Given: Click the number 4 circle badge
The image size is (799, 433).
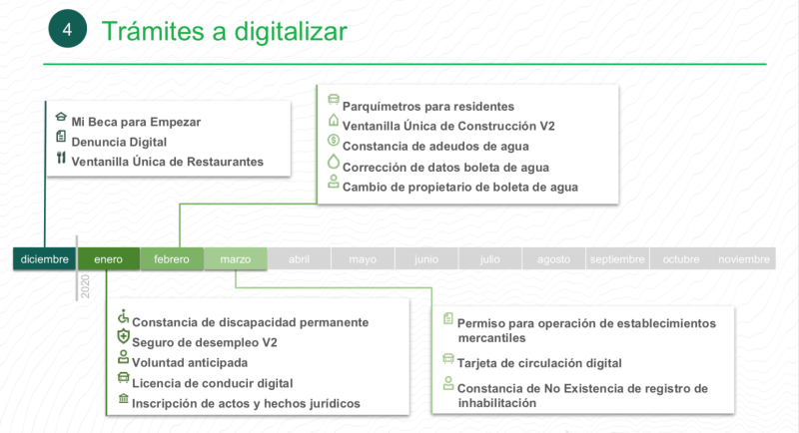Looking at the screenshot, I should pyautogui.click(x=68, y=31).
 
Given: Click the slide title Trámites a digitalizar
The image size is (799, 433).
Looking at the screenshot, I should pyautogui.click(x=225, y=31).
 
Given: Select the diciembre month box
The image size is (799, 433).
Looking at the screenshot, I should pyautogui.click(x=45, y=259).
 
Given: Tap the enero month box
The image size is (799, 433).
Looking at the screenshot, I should pyautogui.click(x=109, y=259).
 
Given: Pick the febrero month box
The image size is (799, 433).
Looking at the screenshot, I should pyautogui.click(x=172, y=259).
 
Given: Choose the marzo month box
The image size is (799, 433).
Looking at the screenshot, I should pyautogui.click(x=236, y=259).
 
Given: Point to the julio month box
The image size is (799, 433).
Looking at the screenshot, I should pyautogui.click(x=489, y=259).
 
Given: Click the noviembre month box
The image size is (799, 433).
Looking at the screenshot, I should pyautogui.click(x=744, y=259).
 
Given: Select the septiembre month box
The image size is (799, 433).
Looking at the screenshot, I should pyautogui.click(x=617, y=259).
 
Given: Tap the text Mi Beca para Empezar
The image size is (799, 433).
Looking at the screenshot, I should pyautogui.click(x=136, y=122).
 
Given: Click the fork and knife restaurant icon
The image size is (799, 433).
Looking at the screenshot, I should pyautogui.click(x=61, y=159).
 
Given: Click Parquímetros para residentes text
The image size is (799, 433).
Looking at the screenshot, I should pyautogui.click(x=428, y=106).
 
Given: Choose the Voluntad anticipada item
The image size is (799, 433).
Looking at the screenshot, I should pyautogui.click(x=190, y=363).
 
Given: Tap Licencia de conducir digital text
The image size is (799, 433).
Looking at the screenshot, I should pyautogui.click(x=212, y=383).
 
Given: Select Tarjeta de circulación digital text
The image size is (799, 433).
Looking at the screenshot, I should pyautogui.click(x=539, y=363).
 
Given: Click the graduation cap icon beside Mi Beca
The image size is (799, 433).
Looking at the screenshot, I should pyautogui.click(x=61, y=118).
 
